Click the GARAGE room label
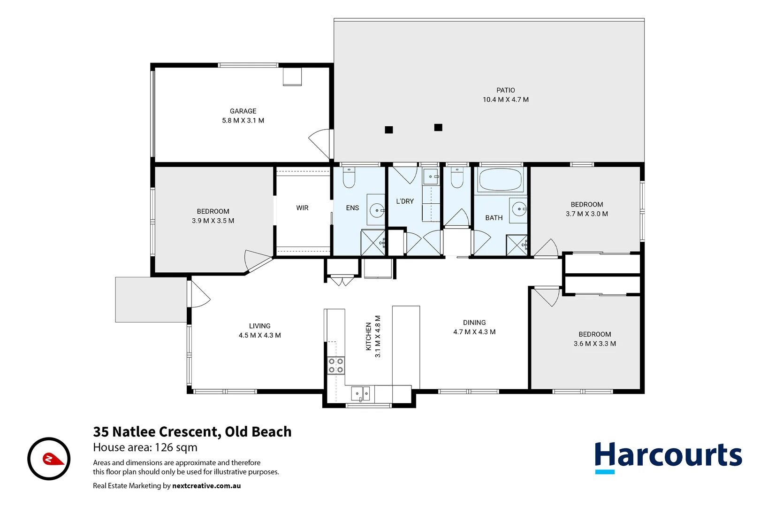tap(243, 111)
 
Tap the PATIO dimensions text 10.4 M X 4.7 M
tap(505, 100)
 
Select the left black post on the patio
tap(389, 130)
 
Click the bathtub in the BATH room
tap(500, 180)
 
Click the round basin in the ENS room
tap(377, 210)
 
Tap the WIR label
tap(302, 208)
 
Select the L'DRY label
tap(405, 201)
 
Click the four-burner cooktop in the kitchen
tap(335, 366)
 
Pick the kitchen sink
tap(360, 393)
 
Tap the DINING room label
tap(474, 323)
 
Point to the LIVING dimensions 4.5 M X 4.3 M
tap(259, 335)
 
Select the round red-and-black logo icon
tap(49, 459)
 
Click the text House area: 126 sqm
tap(145, 447)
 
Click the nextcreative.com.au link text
tap(206, 486)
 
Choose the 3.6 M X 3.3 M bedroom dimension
tap(594, 344)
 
